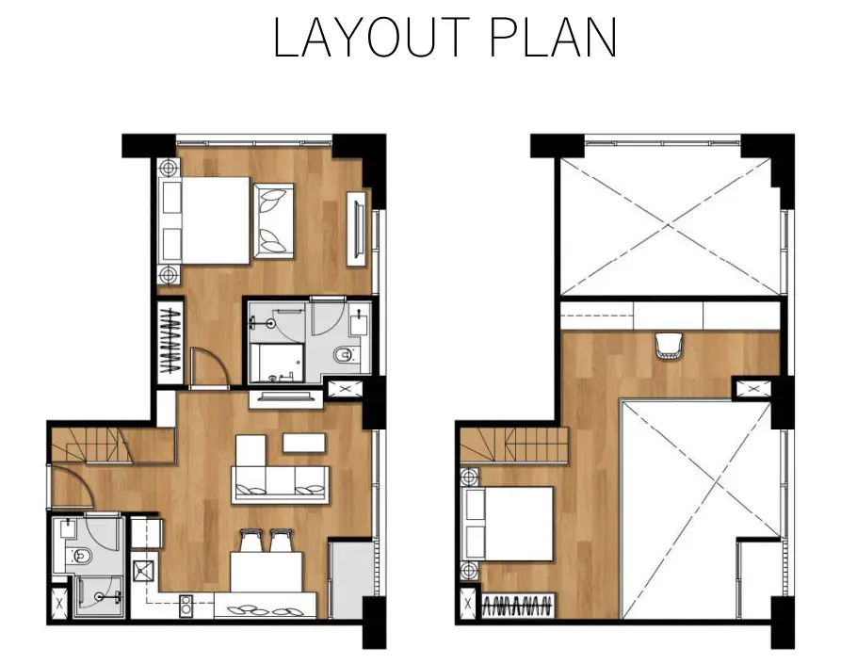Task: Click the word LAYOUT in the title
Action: pos(371,37)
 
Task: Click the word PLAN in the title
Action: pos(553,37)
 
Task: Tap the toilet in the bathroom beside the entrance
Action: pos(79,557)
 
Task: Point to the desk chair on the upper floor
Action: pos(669,346)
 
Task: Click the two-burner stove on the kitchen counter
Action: pos(186,606)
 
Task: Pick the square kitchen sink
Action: pos(144,573)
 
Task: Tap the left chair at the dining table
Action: pos(250,541)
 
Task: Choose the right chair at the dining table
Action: pos(281,541)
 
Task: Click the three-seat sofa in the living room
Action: pos(281,484)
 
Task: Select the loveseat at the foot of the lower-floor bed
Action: pos(273,220)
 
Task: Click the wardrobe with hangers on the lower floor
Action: pos(170,340)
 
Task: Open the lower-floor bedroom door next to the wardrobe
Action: pos(209,366)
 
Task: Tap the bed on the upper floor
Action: pos(508,524)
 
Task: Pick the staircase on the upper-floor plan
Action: pos(514,444)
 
